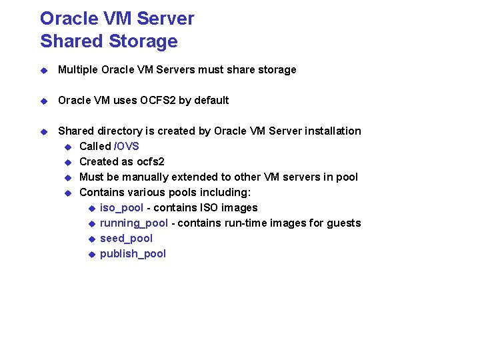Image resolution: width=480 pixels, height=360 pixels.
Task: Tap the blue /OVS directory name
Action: pos(127,146)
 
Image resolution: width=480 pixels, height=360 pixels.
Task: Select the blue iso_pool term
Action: pos(121,207)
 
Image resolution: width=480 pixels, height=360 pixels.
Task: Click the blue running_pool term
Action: pos(133,223)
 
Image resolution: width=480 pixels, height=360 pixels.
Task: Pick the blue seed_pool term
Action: pos(126,238)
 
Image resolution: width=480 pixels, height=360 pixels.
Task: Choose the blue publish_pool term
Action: pos(133,253)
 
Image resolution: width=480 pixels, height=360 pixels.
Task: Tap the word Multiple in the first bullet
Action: pos(77,69)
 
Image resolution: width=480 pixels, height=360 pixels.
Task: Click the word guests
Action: pos(343,223)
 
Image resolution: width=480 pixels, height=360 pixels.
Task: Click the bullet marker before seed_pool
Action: pos(92,239)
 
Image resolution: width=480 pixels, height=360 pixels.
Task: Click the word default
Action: pos(211,100)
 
